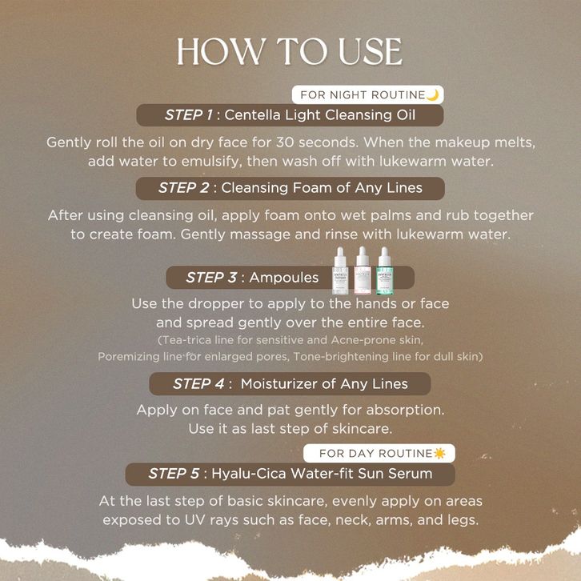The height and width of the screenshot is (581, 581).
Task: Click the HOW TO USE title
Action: click(290, 51)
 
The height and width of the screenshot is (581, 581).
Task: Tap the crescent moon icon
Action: click(433, 95)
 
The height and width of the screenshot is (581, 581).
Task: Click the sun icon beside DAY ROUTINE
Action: click(439, 453)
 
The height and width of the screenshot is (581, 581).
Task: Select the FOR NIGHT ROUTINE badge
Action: click(367, 94)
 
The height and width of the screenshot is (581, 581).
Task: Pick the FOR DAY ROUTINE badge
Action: click(379, 453)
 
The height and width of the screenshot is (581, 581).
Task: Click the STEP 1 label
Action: click(189, 115)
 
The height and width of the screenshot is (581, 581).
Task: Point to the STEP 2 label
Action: click(184, 188)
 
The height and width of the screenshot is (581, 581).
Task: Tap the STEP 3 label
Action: click(211, 277)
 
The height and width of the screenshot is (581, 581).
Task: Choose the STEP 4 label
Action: click(198, 383)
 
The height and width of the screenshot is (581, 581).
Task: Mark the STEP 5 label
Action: click(174, 473)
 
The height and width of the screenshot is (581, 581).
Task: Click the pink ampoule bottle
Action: click(363, 270)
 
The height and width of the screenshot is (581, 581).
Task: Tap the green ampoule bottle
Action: click(385, 270)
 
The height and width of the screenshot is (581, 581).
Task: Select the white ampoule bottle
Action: click(341, 270)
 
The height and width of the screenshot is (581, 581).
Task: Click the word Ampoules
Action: click(284, 277)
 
